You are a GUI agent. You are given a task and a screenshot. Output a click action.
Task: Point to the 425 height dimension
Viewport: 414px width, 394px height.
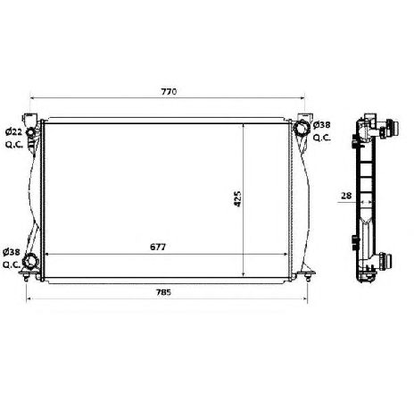pyautogui.click(x=235, y=197)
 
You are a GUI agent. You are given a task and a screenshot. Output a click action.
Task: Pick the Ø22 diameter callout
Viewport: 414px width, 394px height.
pyautogui.click(x=13, y=132)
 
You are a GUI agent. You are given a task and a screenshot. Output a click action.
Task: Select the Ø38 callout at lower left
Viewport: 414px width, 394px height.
pyautogui.click(x=12, y=254)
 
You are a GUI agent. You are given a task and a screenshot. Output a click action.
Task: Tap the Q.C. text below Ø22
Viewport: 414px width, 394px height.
pyautogui.click(x=13, y=144)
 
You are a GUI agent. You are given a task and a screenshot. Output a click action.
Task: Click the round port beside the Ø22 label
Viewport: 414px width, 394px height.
pyautogui.click(x=33, y=134)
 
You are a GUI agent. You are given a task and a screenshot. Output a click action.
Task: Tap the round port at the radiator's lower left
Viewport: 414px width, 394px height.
pyautogui.click(x=32, y=261)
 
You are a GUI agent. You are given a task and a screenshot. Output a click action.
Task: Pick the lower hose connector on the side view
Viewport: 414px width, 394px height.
pyautogui.click(x=385, y=263)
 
